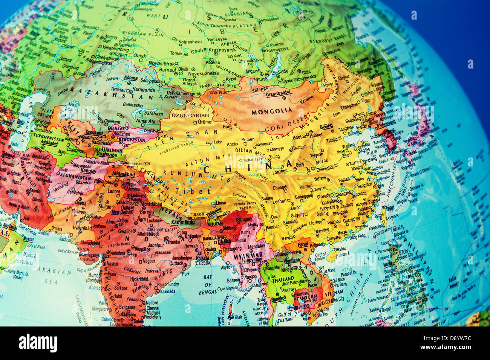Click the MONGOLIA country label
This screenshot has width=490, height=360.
click(x=271, y=111)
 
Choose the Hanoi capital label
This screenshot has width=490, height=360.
click(x=303, y=244)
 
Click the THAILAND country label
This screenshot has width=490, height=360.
click(x=283, y=280)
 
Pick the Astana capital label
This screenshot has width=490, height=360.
click(x=130, y=78)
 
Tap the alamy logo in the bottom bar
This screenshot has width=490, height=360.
click(x=38, y=343)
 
